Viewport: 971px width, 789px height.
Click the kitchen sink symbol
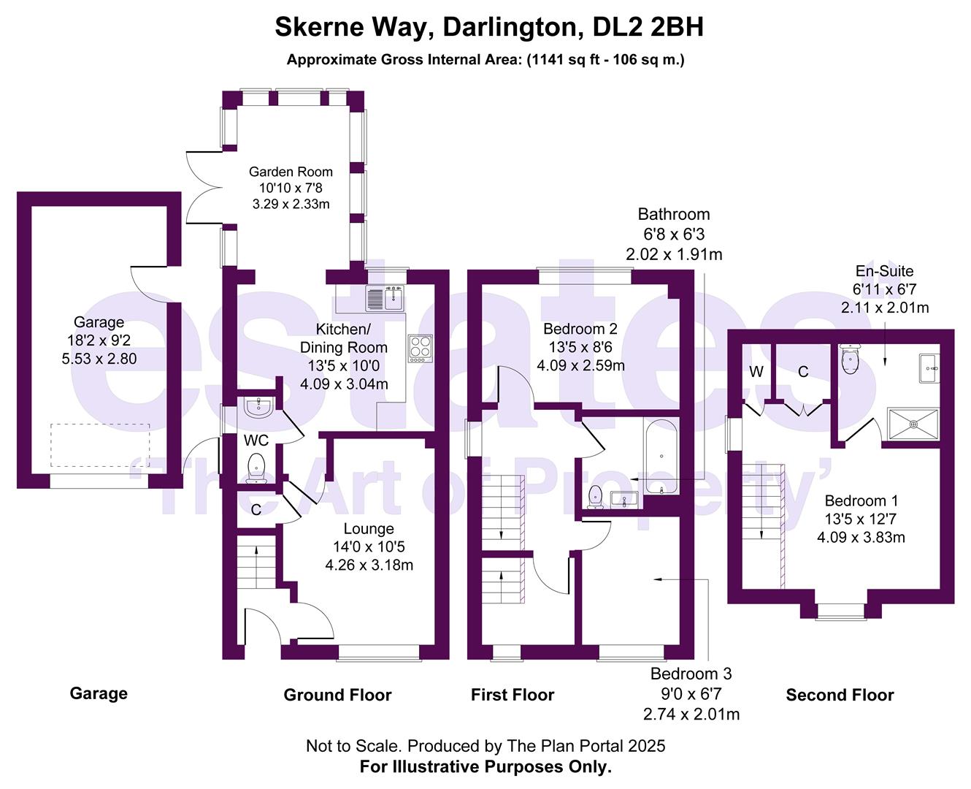(385, 298)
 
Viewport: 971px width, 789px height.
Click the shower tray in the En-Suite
(913, 424)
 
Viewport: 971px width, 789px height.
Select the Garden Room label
(291, 172)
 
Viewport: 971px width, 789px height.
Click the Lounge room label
(369, 528)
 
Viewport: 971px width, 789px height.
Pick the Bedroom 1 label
(861, 500)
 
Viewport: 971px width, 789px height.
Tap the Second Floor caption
(840, 695)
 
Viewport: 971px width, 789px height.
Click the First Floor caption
(513, 695)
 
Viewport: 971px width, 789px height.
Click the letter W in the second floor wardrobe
(756, 372)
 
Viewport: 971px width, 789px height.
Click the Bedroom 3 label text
(691, 674)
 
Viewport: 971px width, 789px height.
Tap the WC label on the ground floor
(256, 440)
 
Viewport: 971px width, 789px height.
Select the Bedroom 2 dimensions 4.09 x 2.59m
(580, 365)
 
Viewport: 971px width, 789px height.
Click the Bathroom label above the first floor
(673, 214)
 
